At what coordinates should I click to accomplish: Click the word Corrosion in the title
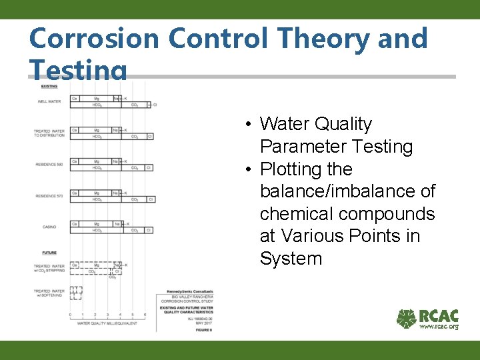[x=95, y=39]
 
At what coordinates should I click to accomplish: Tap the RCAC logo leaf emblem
[x=406, y=319]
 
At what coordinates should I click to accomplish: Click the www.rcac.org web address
[x=438, y=327]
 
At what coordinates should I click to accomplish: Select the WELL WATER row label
[x=49, y=102]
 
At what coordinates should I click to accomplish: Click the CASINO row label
[x=49, y=227]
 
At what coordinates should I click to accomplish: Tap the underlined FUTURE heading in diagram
[x=49, y=253]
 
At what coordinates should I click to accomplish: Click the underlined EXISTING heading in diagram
[x=49, y=86]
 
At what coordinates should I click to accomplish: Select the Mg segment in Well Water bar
[x=97, y=99]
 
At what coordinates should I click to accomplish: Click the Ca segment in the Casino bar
[x=75, y=224]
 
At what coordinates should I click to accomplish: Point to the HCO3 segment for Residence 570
[x=97, y=199]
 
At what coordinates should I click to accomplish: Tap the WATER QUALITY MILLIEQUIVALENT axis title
[x=107, y=323]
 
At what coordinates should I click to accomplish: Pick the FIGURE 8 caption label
[x=204, y=329]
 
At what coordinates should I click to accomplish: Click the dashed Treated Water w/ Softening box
[x=76, y=291]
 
